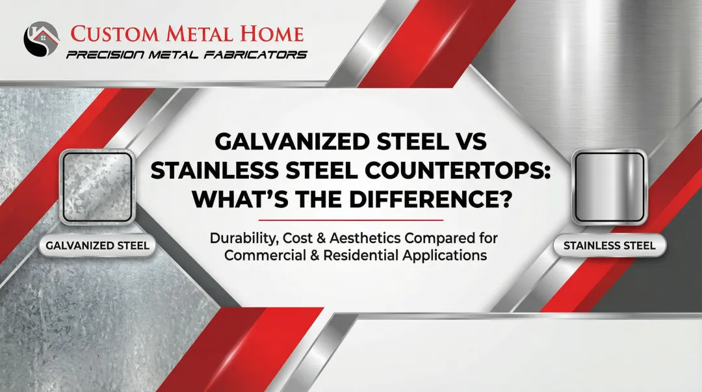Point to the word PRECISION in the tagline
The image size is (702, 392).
click(107, 55)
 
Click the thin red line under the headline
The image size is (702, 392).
click(350, 220)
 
